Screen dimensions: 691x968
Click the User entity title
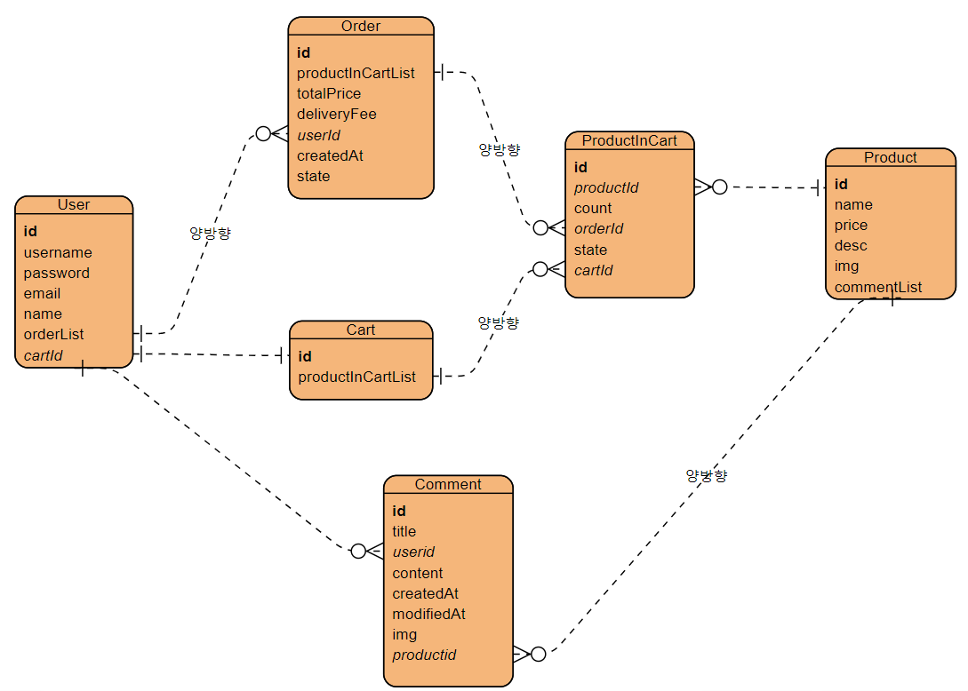click(x=74, y=205)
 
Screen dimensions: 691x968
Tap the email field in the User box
click(x=43, y=293)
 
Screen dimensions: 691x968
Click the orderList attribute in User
click(x=54, y=334)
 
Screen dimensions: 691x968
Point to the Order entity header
click(x=361, y=27)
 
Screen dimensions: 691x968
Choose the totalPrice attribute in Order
click(x=329, y=93)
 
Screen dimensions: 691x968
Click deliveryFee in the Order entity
click(x=337, y=114)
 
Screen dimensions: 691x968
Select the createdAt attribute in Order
click(x=330, y=155)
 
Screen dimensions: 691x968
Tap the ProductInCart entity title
click(x=629, y=140)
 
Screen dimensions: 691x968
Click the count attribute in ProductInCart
click(x=593, y=208)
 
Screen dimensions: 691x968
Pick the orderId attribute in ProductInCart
click(x=598, y=228)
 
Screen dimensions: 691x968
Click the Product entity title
click(x=890, y=157)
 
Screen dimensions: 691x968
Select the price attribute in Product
click(x=851, y=225)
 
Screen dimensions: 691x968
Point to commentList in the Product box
click(x=878, y=287)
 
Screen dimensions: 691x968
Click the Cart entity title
click(x=361, y=330)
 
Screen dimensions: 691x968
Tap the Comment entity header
click(x=448, y=484)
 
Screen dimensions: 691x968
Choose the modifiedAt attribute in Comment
click(x=428, y=614)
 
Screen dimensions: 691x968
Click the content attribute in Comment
click(x=418, y=573)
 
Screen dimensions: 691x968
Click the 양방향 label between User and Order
click(x=210, y=233)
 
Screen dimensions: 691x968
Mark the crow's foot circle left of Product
click(x=720, y=187)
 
